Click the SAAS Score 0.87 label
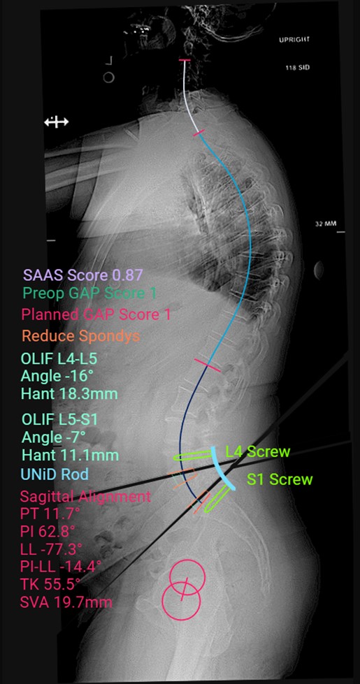click(x=83, y=275)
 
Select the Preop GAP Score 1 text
click(x=89, y=293)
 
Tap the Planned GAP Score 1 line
click(x=96, y=314)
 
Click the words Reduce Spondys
click(x=80, y=336)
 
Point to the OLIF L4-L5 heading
click(x=59, y=358)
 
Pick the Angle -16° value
click(x=53, y=376)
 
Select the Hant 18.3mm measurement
click(x=69, y=394)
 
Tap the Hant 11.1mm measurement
click(x=69, y=456)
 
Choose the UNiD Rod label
click(x=55, y=474)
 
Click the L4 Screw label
click(x=257, y=452)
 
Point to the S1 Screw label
click(x=280, y=479)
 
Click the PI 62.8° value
click(x=47, y=531)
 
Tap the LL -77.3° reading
click(x=51, y=548)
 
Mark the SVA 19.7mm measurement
click(x=66, y=602)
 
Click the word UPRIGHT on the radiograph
click(x=294, y=40)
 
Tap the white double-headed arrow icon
click(x=57, y=122)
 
